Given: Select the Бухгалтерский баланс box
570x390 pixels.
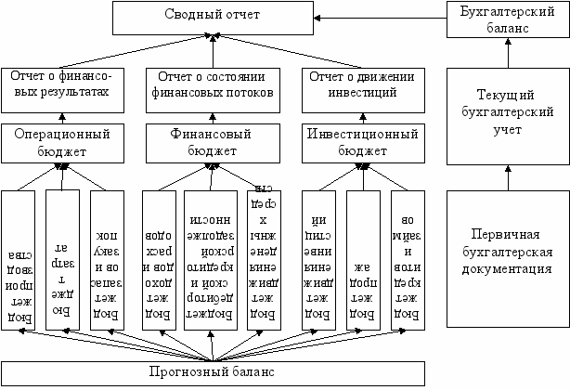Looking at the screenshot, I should coord(507,19).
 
